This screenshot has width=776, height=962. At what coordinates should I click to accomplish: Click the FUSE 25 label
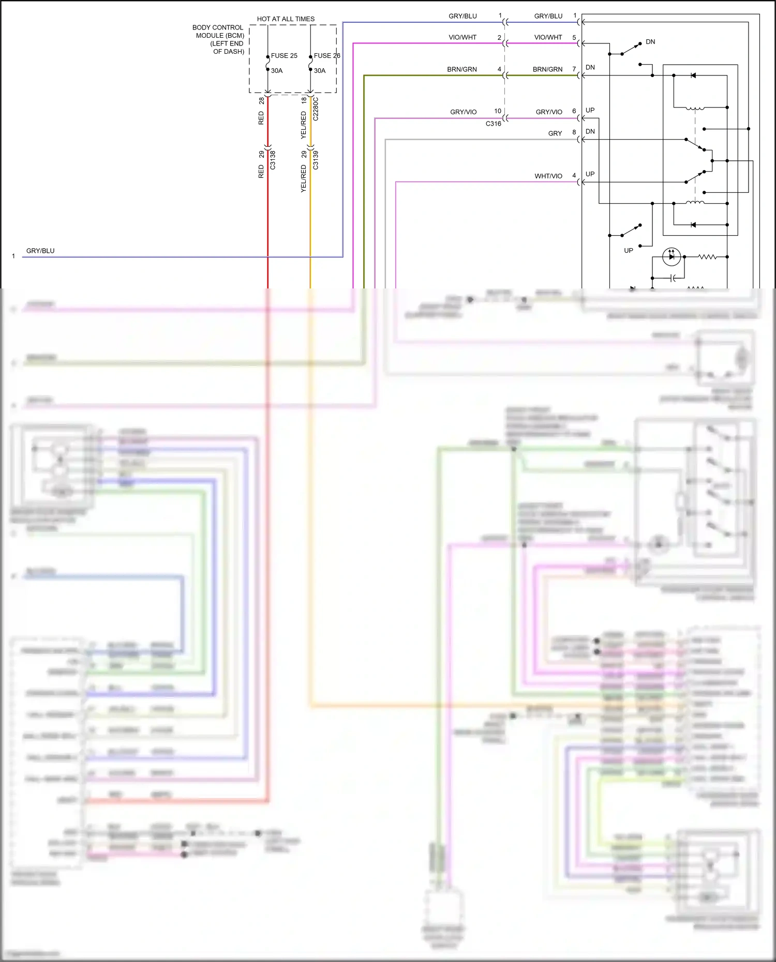pos(284,56)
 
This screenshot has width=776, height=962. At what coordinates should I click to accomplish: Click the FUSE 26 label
pos(327,56)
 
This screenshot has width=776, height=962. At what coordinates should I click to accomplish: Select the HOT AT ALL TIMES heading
pos(286,19)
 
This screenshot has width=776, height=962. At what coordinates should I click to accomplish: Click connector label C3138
pos(273,160)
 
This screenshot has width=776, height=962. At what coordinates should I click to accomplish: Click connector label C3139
pos(316,160)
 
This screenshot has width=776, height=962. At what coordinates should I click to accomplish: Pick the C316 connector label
pos(493,124)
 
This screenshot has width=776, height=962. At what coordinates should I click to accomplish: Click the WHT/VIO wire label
pos(548,176)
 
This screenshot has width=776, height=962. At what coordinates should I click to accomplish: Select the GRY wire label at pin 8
pos(555,133)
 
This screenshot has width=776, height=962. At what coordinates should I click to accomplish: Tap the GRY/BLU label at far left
pos(40,251)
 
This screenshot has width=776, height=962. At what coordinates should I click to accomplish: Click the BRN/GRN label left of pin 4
pos(462,69)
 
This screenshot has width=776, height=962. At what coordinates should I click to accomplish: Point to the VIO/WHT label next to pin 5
pos(548,37)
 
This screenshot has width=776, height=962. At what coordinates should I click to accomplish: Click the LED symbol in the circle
pos(671,256)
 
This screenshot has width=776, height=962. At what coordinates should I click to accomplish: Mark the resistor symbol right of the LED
pos(707,256)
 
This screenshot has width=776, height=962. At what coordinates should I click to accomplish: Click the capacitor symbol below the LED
pos(673,278)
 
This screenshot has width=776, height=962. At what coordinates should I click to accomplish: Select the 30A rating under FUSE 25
pos(277,71)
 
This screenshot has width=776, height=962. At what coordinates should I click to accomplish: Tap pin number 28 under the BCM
pos(261,100)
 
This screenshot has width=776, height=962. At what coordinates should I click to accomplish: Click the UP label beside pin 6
pos(590,110)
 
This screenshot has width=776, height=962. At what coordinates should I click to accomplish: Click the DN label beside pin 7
pos(590,68)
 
